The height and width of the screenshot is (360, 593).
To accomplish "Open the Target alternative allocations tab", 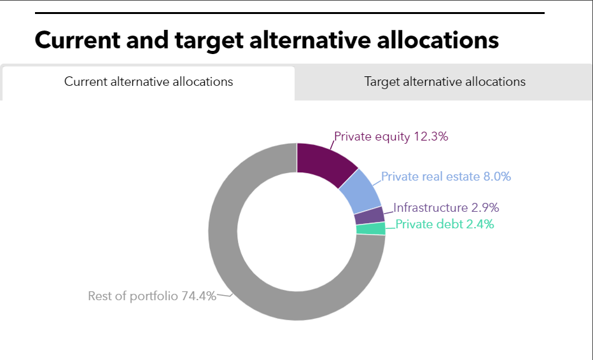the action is pyautogui.click(x=444, y=81).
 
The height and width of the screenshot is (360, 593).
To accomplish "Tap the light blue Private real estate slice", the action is pyautogui.click(x=361, y=191).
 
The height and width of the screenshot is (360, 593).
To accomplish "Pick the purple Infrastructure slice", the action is pyautogui.click(x=370, y=215).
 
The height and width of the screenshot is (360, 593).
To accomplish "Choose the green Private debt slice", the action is pyautogui.click(x=370, y=229).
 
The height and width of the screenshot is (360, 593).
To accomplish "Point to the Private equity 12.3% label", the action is pyautogui.click(x=391, y=137).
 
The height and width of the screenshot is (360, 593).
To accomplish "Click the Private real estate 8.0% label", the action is pyautogui.click(x=446, y=177).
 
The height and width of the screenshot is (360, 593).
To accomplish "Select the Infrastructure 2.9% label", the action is pyautogui.click(x=446, y=207).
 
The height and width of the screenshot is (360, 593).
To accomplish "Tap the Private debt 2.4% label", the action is pyautogui.click(x=445, y=225).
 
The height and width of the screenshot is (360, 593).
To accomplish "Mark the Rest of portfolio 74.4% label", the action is pyautogui.click(x=152, y=296).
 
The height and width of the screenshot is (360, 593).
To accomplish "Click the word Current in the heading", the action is pyautogui.click(x=78, y=40).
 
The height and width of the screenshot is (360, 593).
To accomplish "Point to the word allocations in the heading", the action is pyautogui.click(x=438, y=40).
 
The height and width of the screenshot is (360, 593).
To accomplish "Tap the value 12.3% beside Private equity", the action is pyautogui.click(x=431, y=137).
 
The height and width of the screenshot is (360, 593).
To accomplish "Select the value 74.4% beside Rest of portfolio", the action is pyautogui.click(x=199, y=296).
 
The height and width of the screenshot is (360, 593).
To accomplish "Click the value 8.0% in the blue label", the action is pyautogui.click(x=498, y=177).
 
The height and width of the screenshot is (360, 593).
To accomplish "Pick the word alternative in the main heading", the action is pyautogui.click(x=310, y=40).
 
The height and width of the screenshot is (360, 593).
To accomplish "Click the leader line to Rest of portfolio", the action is pyautogui.click(x=224, y=295).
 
